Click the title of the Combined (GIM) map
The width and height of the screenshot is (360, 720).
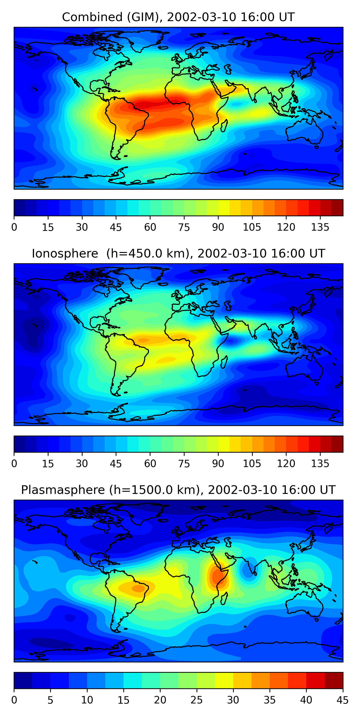[178, 17]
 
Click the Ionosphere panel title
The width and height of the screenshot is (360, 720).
[178, 253]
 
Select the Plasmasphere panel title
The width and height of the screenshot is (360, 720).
[178, 490]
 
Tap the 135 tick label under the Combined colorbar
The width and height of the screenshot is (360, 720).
[320, 227]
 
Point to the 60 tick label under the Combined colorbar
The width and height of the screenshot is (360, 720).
[150, 227]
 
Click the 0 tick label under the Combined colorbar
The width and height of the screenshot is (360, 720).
[14, 227]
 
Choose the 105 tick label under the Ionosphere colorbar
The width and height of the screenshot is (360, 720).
[252, 464]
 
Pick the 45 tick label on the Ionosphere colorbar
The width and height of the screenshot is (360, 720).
[116, 464]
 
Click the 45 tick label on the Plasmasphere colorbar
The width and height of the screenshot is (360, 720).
[342, 700]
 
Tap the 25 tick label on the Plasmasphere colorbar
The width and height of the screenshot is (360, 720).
[197, 700]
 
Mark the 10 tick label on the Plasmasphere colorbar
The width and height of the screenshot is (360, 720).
[87, 700]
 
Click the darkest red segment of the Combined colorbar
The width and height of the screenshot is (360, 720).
[337, 208]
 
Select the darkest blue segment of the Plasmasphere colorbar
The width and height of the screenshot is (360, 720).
[23, 681]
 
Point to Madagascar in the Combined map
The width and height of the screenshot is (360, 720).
[224, 126]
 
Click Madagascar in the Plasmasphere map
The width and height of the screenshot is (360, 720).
[224, 599]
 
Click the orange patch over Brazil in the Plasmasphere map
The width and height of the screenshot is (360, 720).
[138, 588]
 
